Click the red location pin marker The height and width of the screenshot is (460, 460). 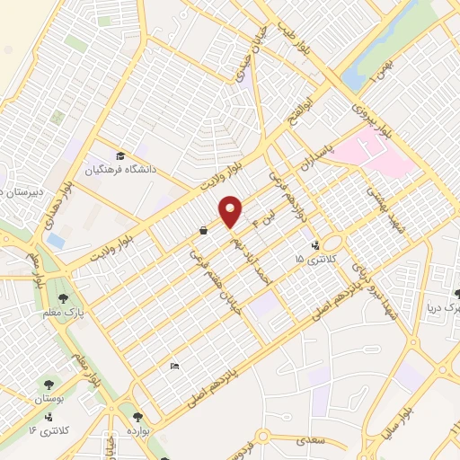231,210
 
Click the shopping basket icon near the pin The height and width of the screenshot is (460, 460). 203,231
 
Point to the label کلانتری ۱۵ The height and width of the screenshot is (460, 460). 313,259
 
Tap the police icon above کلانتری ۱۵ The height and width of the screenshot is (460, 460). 315,244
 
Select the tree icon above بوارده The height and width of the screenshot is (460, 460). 137,417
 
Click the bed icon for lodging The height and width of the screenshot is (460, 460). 174,366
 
